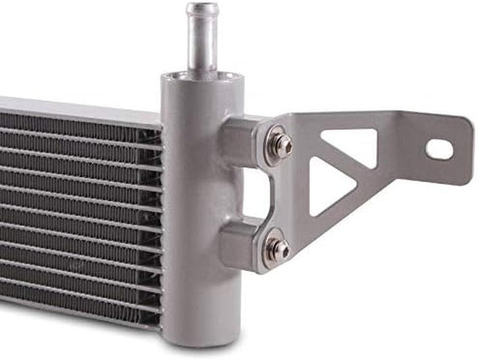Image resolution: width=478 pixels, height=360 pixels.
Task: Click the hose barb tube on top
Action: [x=202, y=42]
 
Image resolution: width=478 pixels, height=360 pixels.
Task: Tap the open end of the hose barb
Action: [x=202, y=8]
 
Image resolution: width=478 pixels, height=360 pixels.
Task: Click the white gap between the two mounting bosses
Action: [x=257, y=191]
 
